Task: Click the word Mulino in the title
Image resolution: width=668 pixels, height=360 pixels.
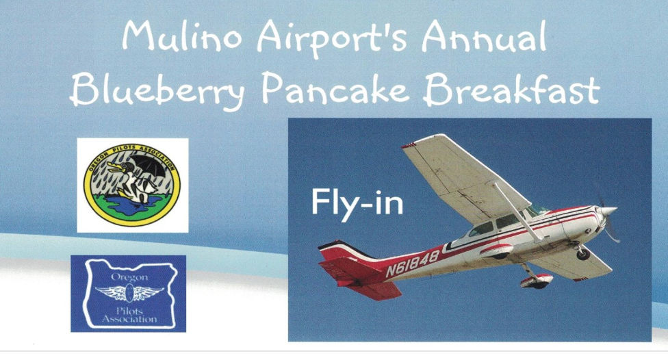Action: pyautogui.click(x=182, y=36)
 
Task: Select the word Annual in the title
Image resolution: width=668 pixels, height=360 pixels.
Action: pyautogui.click(x=484, y=36)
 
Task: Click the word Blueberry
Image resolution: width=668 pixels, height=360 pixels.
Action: pyautogui.click(x=157, y=90)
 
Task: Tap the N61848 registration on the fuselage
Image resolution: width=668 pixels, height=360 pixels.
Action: pyautogui.click(x=413, y=262)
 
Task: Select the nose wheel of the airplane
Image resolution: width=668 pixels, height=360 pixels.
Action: pyautogui.click(x=583, y=254)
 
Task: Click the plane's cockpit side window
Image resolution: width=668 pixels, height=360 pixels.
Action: pyautogui.click(x=507, y=221)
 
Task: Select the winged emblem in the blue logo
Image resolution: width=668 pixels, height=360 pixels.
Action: pyautogui.click(x=129, y=293)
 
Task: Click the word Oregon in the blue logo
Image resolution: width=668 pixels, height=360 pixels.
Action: pyautogui.click(x=129, y=277)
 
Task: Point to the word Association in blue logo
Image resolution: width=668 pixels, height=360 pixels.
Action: pyautogui.click(x=129, y=319)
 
